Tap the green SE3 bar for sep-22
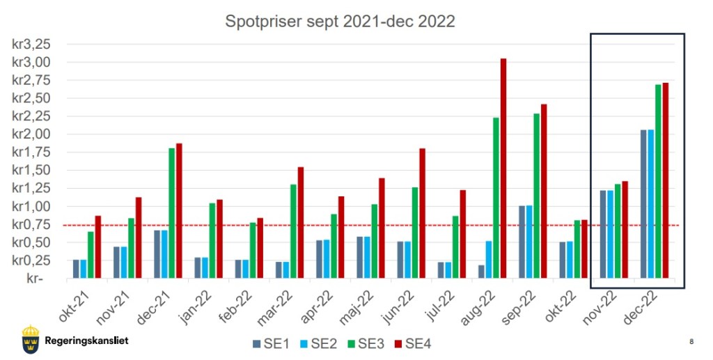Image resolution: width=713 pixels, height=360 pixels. click(537, 196)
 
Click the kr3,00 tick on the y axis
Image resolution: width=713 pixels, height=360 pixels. click(31, 62)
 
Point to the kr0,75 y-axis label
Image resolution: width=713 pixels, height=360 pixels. click(31, 224)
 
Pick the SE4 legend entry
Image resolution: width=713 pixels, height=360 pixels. click(414, 343)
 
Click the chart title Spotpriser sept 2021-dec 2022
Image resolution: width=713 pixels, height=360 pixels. click(340, 22)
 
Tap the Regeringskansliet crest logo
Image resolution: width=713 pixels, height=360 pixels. click(31, 338)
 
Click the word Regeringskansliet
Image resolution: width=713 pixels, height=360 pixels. click(86, 341)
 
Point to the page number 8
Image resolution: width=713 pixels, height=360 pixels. click(691, 341)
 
